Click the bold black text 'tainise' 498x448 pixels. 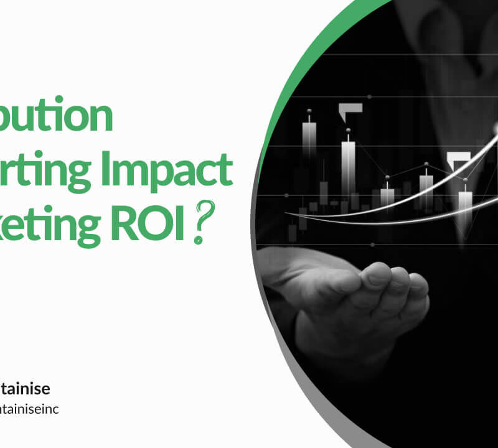[25, 389]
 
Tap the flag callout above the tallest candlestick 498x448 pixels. [350, 110]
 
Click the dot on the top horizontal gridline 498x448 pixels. [370, 97]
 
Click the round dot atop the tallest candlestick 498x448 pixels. [348, 130]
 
